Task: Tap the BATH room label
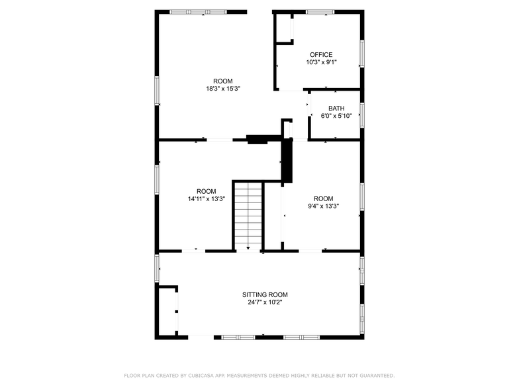click(336, 108)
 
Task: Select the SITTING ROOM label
click(265, 295)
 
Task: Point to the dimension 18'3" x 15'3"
click(218, 89)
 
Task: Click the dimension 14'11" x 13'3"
click(206, 198)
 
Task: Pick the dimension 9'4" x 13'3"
click(323, 206)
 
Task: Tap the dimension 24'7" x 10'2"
click(265, 303)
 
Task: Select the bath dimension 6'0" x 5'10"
click(336, 116)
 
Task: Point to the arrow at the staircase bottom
click(248, 247)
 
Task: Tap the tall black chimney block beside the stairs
click(287, 161)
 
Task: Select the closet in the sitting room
click(167, 311)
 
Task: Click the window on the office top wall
click(320, 11)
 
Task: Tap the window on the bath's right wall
click(361, 114)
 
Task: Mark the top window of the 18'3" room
click(197, 11)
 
